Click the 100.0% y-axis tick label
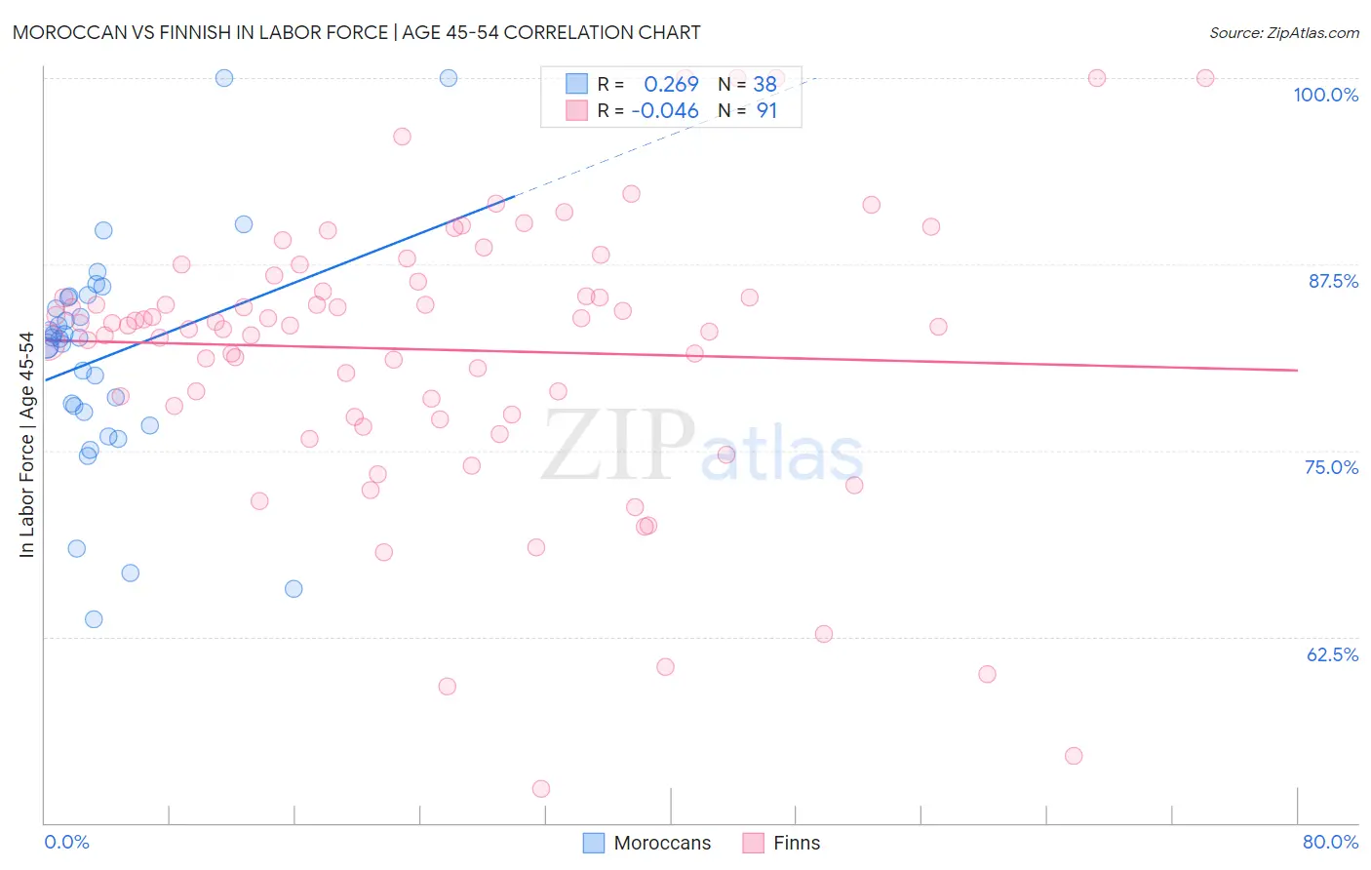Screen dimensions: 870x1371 pyautogui.click(x=1325, y=95)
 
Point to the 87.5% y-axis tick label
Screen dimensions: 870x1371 pyautogui.click(x=1333, y=281)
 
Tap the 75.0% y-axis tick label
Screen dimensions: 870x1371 pyautogui.click(x=1331, y=467)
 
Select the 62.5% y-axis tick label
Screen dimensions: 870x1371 pyautogui.click(x=1332, y=654)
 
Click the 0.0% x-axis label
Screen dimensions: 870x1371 pyautogui.click(x=66, y=842)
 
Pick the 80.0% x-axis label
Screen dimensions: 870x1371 pyautogui.click(x=1330, y=842)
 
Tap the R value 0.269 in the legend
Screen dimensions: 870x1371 pyautogui.click(x=671, y=84)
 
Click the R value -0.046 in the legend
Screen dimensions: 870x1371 pyautogui.click(x=665, y=111)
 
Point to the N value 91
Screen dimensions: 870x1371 pyautogui.click(x=766, y=111)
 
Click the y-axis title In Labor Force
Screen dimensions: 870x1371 pyautogui.click(x=26, y=445)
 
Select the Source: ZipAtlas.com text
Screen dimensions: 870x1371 pyautogui.click(x=1283, y=32)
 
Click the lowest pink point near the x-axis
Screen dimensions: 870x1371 pyautogui.click(x=541, y=788)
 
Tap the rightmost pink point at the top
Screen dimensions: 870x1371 pyautogui.click(x=1205, y=78)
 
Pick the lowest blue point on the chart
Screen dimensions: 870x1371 pyautogui.click(x=94, y=619)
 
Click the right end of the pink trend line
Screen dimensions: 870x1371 pyautogui.click(x=1297, y=371)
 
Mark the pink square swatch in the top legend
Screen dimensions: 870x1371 pyautogui.click(x=576, y=110)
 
